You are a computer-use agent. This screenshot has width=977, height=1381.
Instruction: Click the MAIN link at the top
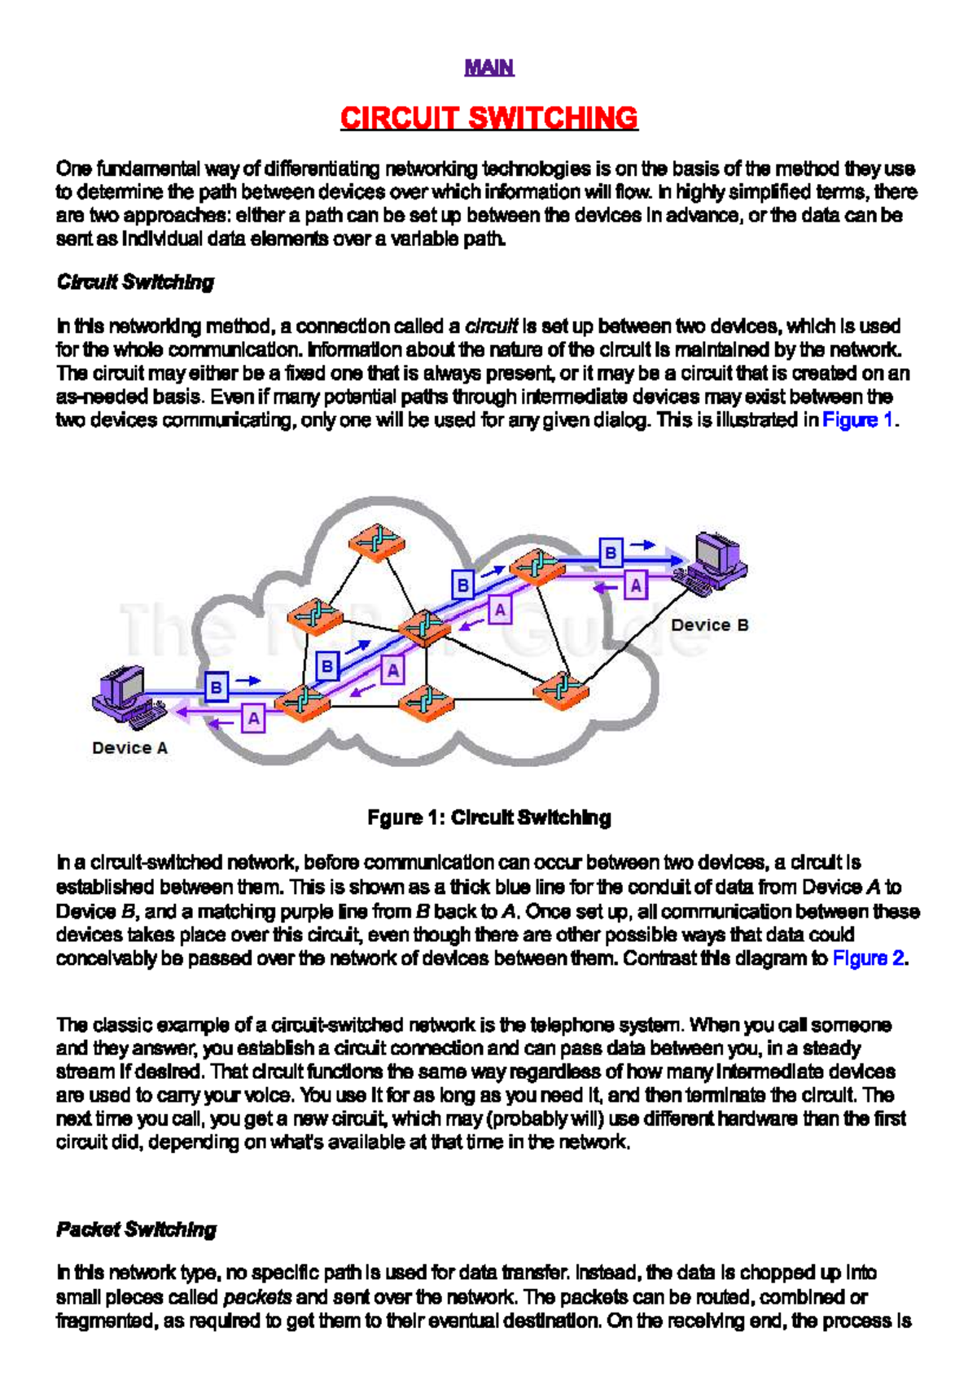pos(488,68)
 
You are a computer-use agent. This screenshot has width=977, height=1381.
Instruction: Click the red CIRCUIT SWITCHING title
pos(488,118)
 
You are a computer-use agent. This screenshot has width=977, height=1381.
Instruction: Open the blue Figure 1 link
pos(857,420)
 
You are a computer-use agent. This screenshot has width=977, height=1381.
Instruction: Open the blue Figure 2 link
pos(868,958)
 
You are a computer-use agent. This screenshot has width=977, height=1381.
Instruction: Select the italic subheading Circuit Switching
pos(135,283)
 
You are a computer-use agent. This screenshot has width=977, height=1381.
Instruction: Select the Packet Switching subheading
pos(136,1230)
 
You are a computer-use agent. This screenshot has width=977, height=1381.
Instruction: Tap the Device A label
pos(129,748)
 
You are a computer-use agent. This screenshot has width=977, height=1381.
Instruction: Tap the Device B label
pos(709,625)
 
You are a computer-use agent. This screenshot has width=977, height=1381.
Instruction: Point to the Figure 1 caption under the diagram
pos(488,818)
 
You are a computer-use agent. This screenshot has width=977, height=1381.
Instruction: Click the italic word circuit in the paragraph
pos(491,327)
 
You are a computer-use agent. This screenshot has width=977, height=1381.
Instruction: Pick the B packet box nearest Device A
pos(217,686)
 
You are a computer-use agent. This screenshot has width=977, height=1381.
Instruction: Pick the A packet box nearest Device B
pos(635,585)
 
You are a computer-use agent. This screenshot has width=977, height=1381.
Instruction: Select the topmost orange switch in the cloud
pos(376,540)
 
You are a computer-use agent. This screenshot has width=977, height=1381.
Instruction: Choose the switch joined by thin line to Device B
pos(562,690)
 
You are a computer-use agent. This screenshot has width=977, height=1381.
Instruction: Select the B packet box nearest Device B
pos(611,553)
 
